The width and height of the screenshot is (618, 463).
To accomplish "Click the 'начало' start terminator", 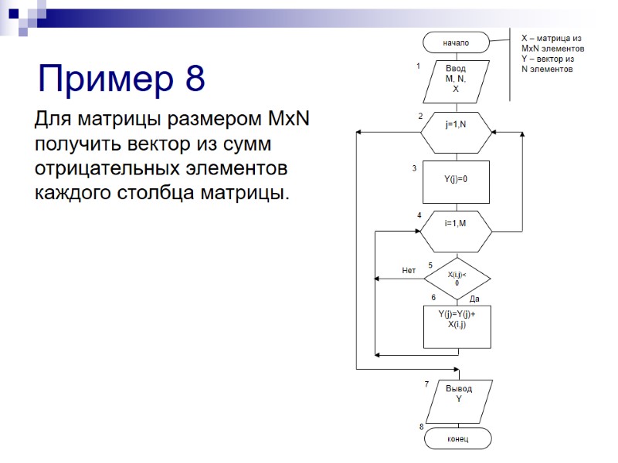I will tap(456, 42).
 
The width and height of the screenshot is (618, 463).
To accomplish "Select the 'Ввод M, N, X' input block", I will tap(456, 80).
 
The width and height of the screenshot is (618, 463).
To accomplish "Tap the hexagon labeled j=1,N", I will tap(456, 125).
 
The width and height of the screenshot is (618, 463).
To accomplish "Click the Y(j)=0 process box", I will tap(456, 180).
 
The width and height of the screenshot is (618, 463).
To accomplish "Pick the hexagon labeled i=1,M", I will tap(456, 225).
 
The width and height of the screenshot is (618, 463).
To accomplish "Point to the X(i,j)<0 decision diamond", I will tap(457, 278).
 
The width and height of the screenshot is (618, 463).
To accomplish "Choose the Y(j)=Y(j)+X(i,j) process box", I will tap(456, 326).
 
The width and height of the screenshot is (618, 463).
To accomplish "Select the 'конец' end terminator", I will tap(457, 438).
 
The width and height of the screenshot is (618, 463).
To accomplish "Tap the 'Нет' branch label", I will tap(409, 271).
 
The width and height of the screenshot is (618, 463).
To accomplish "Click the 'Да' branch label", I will tap(475, 299).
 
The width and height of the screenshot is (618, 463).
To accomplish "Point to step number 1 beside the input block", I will tap(418, 66).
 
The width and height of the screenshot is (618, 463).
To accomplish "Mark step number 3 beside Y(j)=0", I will tap(415, 168).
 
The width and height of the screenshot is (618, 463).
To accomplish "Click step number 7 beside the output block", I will tap(426, 384).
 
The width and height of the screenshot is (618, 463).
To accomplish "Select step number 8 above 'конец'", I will tap(421, 426).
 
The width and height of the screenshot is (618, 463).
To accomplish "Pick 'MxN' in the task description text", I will tap(287, 121).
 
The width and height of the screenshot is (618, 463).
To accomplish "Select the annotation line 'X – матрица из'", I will tap(552, 37).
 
